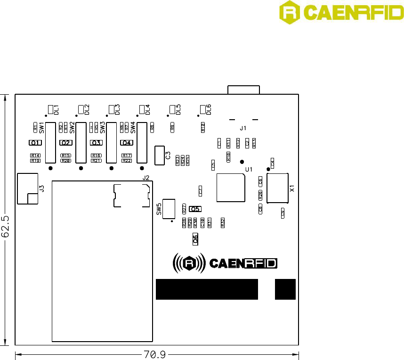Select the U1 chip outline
pos(230,188)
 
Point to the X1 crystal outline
pos(277,188)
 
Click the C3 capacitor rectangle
pos(159,155)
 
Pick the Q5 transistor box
pos(195,209)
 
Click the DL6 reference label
pos(209,110)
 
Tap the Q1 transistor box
pos(35,143)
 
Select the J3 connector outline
pos(27,188)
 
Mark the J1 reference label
pos(243,128)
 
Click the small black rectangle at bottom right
pos(285,289)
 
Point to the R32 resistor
pos(223,223)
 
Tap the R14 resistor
pos(35,155)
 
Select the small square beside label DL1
pos(51,109)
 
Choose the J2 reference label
pos(146,178)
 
